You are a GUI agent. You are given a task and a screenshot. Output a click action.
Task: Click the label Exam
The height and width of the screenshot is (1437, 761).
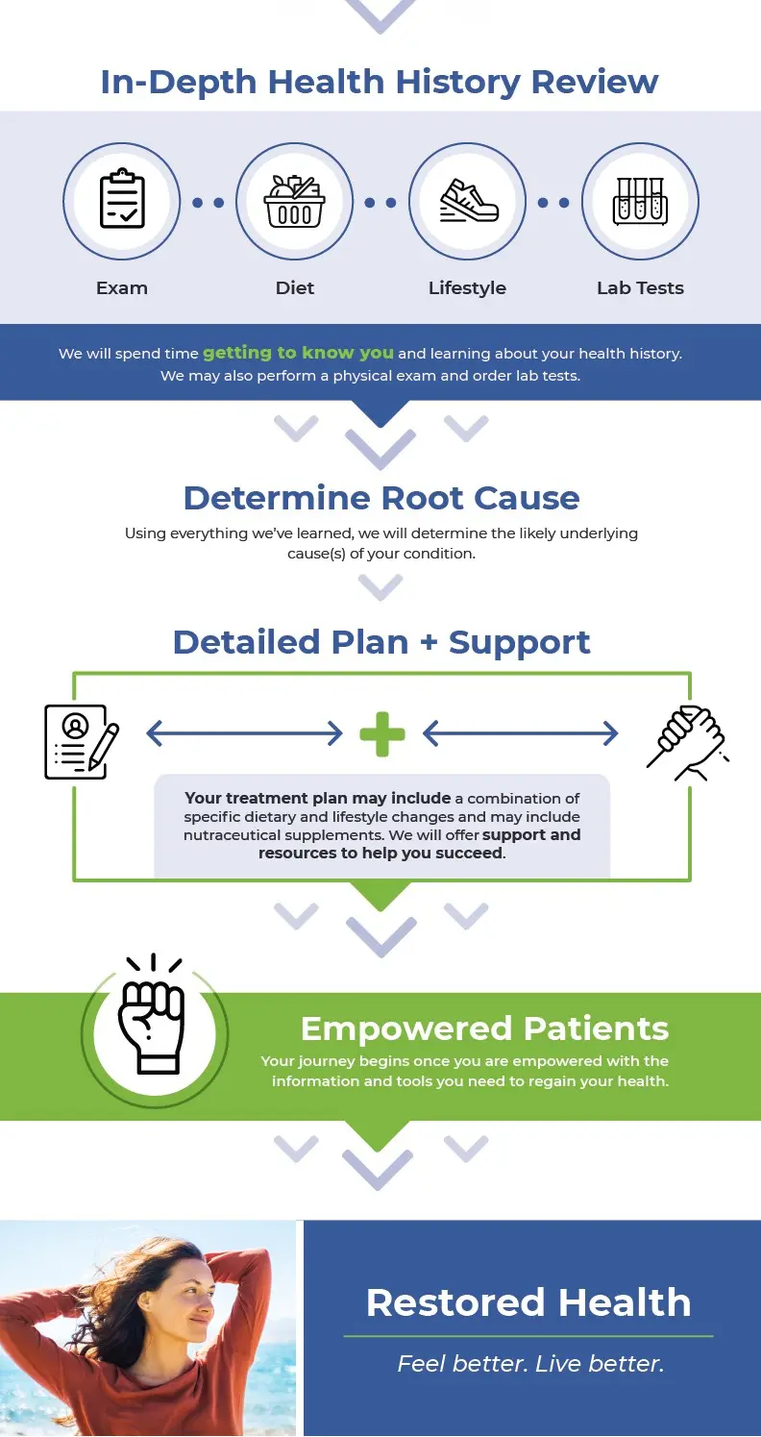(x=122, y=287)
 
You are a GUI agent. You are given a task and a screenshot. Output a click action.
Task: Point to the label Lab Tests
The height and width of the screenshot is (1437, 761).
(x=640, y=287)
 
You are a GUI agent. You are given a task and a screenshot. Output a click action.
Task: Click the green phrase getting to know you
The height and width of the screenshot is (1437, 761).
(x=298, y=353)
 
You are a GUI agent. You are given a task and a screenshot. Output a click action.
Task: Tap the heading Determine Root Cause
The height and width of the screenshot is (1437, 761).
(x=381, y=498)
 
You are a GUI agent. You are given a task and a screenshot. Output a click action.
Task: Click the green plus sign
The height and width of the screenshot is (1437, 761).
(x=381, y=734)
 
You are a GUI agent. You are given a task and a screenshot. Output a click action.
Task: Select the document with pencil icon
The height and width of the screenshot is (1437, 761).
(x=82, y=742)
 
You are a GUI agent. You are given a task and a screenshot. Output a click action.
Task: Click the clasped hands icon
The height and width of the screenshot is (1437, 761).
(x=687, y=740)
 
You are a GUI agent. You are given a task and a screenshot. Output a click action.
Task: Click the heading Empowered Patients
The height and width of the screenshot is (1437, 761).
(x=484, y=1028)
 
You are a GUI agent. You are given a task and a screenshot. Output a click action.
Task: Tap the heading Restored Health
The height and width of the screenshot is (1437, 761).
(x=528, y=1302)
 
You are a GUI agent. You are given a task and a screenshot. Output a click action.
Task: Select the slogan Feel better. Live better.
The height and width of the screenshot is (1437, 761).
(x=530, y=1363)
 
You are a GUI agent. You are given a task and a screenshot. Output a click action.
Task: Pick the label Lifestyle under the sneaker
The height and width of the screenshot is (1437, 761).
(x=467, y=287)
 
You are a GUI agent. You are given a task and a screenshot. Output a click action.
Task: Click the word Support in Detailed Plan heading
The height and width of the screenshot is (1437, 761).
(x=520, y=642)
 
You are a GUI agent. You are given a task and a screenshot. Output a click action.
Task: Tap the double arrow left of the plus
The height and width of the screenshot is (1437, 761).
(x=244, y=734)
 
